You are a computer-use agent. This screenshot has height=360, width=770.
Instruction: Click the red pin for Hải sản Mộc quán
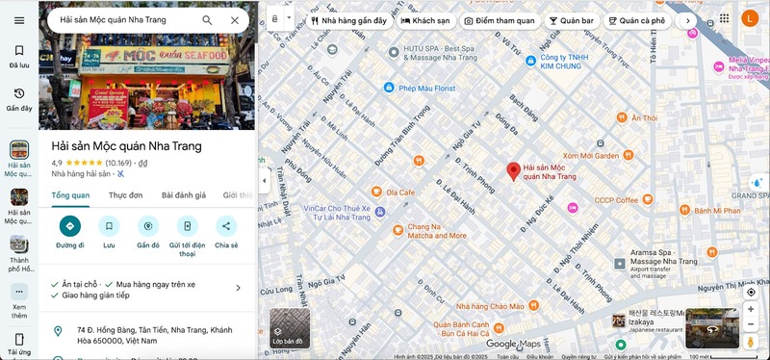pos(513,169)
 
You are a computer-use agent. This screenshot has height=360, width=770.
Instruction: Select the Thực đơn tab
pos(125,194)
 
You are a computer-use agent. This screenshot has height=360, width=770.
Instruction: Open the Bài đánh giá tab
pos(183,194)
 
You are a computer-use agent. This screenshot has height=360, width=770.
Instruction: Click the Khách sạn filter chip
pos(424,19)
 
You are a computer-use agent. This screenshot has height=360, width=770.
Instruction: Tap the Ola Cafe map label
pos(400,192)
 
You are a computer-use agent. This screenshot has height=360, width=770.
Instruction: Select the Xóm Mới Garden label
pos(591,155)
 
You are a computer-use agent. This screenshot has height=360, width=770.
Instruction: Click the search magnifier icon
pos(208,19)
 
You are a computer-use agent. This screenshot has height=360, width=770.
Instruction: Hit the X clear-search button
pos(235,19)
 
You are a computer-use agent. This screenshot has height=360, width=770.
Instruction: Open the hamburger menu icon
pos(19,20)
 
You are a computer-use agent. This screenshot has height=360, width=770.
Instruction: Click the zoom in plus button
pos(751,310)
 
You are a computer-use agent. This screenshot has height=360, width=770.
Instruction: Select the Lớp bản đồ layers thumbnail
pos(289,327)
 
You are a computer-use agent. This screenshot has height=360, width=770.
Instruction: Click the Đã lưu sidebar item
pos(19,56)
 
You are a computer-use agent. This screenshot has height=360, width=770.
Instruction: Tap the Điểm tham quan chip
pos(500,19)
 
